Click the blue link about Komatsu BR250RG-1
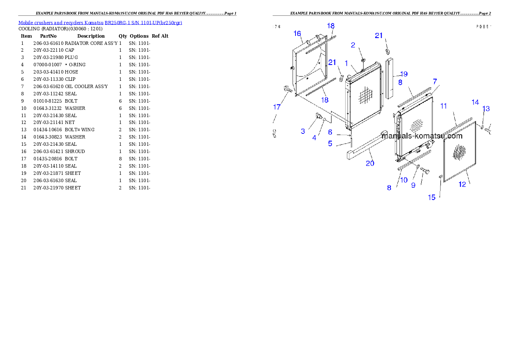point(100,23)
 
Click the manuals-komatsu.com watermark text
point(422,136)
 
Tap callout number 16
point(297,33)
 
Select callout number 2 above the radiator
point(353,45)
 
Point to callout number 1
point(346,63)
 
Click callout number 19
point(403,74)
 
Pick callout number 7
point(435,81)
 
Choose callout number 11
point(444,105)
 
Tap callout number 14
point(475,102)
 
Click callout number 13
point(486,109)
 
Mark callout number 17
point(277,107)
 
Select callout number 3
point(303,131)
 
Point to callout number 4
point(314,138)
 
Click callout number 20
point(370,163)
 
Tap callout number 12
point(462,184)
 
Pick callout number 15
point(432,197)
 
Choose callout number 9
point(413,185)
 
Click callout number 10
point(404,180)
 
